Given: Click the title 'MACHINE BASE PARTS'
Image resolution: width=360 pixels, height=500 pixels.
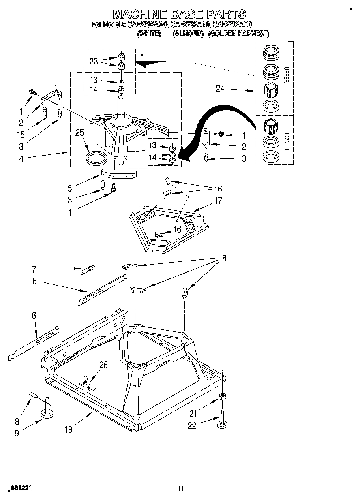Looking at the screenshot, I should point(179,15).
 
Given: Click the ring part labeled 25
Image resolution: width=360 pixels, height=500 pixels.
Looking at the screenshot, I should point(98,158).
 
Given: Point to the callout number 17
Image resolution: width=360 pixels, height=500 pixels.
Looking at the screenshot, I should point(218,201).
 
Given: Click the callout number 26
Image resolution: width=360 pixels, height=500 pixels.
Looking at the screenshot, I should point(104,365).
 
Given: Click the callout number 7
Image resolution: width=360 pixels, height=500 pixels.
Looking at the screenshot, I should point(34,269).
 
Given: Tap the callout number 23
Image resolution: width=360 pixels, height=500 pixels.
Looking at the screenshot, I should point(94,62).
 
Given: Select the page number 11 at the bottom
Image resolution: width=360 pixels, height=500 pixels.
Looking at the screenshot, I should point(181,489).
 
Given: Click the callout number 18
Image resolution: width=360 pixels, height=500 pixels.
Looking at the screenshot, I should point(222,258).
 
